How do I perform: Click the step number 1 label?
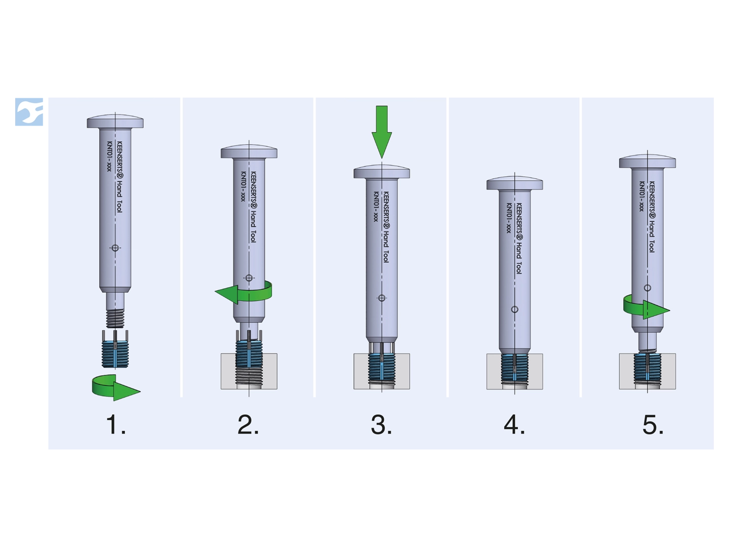click(x=116, y=425)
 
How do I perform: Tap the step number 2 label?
click(x=248, y=425)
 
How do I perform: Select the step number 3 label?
click(x=381, y=425)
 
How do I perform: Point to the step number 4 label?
click(x=514, y=425)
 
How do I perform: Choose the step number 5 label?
click(x=653, y=425)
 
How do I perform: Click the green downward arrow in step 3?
click(x=382, y=132)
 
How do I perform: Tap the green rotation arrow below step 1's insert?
click(x=116, y=388)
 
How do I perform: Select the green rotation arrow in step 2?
click(x=244, y=293)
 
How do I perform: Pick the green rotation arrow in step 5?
click(x=646, y=308)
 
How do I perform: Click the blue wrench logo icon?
click(x=29, y=112)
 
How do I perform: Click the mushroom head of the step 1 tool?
click(x=115, y=122)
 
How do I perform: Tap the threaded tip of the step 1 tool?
click(x=115, y=318)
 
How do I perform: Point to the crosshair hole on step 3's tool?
click(x=382, y=298)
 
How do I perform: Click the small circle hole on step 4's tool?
click(x=514, y=309)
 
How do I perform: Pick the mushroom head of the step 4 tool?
click(x=514, y=183)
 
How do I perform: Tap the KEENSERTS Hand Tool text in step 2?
click(x=253, y=207)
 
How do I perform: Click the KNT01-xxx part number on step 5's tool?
click(x=642, y=196)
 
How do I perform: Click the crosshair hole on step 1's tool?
click(x=115, y=248)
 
